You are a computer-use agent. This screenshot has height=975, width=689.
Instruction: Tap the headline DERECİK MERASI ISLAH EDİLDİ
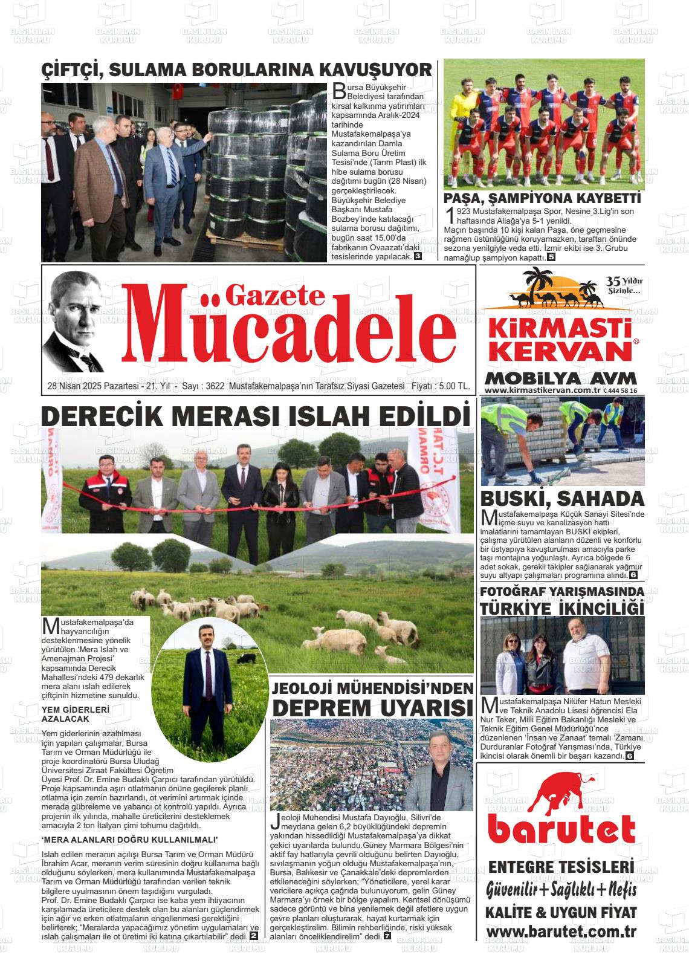256,416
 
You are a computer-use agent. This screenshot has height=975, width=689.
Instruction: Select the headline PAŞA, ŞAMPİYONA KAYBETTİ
542,199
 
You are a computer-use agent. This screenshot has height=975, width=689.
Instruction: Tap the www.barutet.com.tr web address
561,932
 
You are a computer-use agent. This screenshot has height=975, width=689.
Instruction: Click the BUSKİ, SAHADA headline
562,499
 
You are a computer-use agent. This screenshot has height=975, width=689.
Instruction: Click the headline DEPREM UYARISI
372,707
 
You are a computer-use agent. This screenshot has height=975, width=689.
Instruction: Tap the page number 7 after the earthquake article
387,936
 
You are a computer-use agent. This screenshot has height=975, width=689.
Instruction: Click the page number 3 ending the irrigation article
418,256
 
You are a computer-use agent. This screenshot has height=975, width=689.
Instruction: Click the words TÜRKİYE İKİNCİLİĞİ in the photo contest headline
562,607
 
